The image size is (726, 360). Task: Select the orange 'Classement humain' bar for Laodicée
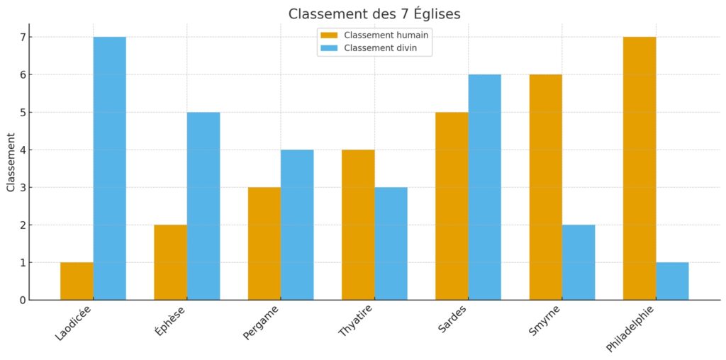[x=77, y=281]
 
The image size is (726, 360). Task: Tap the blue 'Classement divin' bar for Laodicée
[x=109, y=169]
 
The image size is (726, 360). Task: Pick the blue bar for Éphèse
[x=203, y=206]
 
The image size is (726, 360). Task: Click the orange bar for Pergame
[x=264, y=244]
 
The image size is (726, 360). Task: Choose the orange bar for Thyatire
[x=358, y=225]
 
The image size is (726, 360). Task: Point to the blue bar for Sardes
[x=484, y=187]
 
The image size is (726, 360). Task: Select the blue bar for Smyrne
[x=579, y=262]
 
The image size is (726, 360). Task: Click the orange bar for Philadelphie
[x=640, y=169]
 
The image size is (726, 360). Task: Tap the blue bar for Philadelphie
[x=672, y=281]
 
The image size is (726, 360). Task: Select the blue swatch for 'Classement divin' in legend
[x=330, y=48]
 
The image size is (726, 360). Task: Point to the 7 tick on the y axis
[x=21, y=37]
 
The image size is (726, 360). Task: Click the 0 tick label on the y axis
[x=21, y=300]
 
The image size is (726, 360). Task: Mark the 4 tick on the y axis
[x=21, y=150]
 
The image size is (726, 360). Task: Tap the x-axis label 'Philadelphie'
[x=631, y=329]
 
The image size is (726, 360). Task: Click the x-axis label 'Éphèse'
[x=170, y=321]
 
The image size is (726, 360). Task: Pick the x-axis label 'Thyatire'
[x=356, y=323]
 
